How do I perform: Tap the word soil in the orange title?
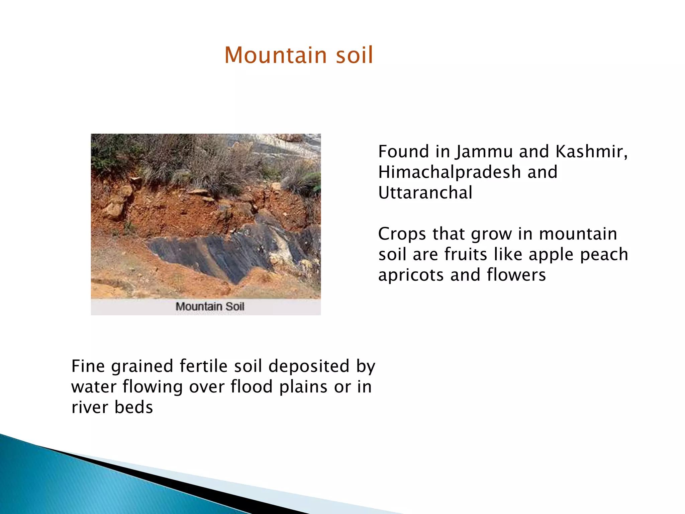354,55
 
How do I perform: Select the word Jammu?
485,152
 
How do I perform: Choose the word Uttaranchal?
425,193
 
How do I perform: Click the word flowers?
516,275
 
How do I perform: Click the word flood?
252,387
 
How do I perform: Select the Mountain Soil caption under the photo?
210,307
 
